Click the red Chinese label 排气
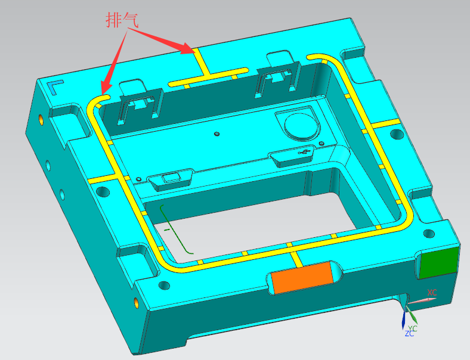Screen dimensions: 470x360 pyautogui.click(x=122, y=20)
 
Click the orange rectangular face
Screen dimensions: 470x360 pyautogui.click(x=302, y=277)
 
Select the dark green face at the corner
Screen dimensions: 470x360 pyautogui.click(x=439, y=263)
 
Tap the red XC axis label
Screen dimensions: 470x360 pyautogui.click(x=432, y=293)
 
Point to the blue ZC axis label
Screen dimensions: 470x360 pyautogui.click(x=409, y=334)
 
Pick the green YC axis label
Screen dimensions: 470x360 pyautogui.click(x=413, y=328)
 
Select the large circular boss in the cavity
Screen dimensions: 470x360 pyautogui.click(x=301, y=126)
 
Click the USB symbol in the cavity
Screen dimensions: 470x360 pyautogui.click(x=304, y=152)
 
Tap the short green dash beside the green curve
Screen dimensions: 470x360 pyautogui.click(x=167, y=229)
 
